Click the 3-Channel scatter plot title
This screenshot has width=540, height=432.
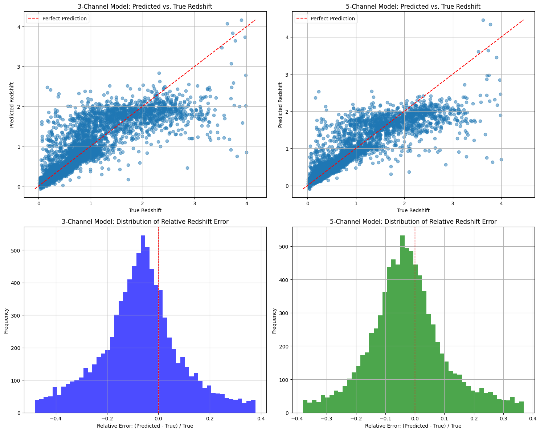[x=145, y=7]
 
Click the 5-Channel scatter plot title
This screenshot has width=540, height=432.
[x=413, y=7]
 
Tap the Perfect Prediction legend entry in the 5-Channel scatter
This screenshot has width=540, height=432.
[x=332, y=19]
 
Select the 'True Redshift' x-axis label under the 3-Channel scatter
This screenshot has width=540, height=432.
[x=145, y=210]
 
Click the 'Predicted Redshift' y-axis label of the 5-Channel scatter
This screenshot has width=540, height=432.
[x=281, y=105]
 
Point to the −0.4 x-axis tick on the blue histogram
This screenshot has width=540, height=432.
[x=56, y=419]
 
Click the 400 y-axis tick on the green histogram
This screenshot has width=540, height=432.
[x=285, y=280]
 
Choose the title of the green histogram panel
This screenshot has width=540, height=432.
[x=413, y=222]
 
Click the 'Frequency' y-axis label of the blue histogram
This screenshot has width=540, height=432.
[x=6, y=320]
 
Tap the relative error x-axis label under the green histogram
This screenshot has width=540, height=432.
[x=413, y=426]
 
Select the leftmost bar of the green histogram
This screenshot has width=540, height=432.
[x=305, y=406]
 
